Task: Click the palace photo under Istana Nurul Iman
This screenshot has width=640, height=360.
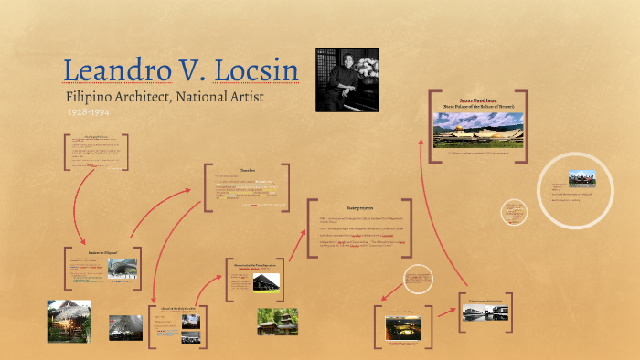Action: pyautogui.click(x=478, y=130)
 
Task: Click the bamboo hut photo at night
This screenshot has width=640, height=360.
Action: pyautogui.click(x=69, y=321)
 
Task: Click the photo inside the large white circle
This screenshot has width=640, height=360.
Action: pyautogui.click(x=581, y=177)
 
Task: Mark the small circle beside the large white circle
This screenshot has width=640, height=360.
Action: pyautogui.click(x=515, y=212)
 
